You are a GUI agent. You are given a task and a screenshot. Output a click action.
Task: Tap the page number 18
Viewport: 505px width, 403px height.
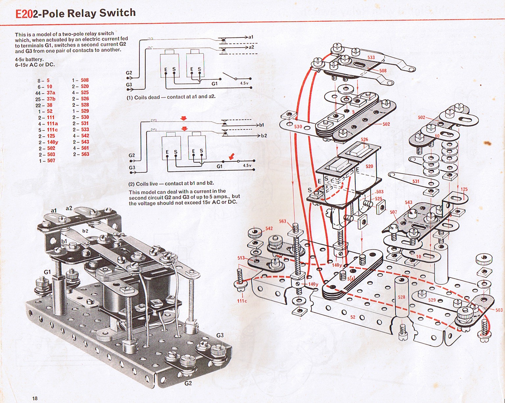coord(35,398)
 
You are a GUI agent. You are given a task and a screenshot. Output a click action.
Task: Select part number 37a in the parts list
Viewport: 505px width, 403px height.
coord(51,93)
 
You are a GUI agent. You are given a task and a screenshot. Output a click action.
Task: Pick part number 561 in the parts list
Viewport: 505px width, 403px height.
coord(85,148)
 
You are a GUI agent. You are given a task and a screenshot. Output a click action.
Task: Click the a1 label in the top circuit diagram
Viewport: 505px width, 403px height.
coord(251,37)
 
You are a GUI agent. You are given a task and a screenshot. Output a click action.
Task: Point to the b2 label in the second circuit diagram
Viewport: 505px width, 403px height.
coord(264,136)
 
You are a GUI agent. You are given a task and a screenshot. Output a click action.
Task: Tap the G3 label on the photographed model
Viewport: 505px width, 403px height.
coord(220,335)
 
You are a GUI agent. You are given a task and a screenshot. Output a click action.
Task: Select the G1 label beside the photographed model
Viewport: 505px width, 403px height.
coord(47,272)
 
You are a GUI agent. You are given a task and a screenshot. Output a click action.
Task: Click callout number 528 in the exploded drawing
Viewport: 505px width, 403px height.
coord(401,297)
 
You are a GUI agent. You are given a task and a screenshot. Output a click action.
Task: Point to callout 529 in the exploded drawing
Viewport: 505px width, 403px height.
coord(432,300)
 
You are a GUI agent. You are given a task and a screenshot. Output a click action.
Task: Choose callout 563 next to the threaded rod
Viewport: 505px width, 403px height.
coord(283,221)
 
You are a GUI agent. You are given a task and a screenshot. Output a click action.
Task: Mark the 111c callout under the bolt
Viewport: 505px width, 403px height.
coord(242,301)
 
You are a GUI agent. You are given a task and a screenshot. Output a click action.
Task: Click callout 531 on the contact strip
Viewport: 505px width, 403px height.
coord(416,181)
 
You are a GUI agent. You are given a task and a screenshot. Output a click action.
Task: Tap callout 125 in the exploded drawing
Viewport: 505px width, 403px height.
coord(464,189)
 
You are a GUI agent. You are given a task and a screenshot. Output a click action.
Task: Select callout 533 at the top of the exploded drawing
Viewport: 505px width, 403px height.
coord(371,57)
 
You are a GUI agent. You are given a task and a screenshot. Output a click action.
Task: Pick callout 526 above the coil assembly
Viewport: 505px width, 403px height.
coord(364,140)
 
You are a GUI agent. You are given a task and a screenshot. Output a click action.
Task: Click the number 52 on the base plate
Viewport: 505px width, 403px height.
coord(353,317)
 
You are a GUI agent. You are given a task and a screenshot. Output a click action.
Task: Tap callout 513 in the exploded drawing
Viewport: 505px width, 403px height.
coord(241,258)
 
